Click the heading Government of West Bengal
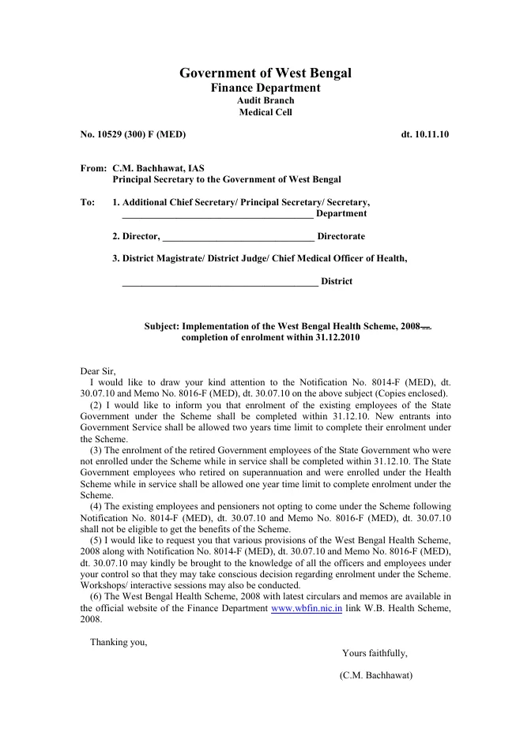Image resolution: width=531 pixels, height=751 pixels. point(265,73)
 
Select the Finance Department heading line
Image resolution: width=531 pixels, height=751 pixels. point(265,88)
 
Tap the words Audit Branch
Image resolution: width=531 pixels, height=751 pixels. point(265,100)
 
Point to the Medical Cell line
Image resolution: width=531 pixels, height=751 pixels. point(265,112)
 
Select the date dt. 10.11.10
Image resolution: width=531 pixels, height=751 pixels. point(425,135)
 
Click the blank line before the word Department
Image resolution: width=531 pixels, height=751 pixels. point(218,214)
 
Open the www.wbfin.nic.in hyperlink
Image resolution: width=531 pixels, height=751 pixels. point(306,608)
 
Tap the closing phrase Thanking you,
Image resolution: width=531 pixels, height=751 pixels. point(119,642)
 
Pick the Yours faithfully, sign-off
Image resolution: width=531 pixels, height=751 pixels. point(375,653)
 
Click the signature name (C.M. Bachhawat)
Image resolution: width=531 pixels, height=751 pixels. point(376,676)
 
